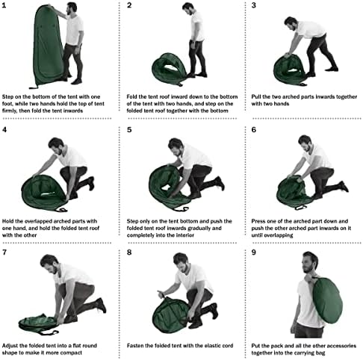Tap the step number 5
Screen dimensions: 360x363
(x=129, y=129)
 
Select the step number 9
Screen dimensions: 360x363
(x=254, y=252)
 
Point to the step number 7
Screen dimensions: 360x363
(x=6, y=252)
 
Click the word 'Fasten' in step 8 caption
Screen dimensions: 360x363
(x=137, y=341)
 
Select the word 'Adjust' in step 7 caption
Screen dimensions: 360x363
(x=13, y=341)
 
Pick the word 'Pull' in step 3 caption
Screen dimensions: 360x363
(x=258, y=96)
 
